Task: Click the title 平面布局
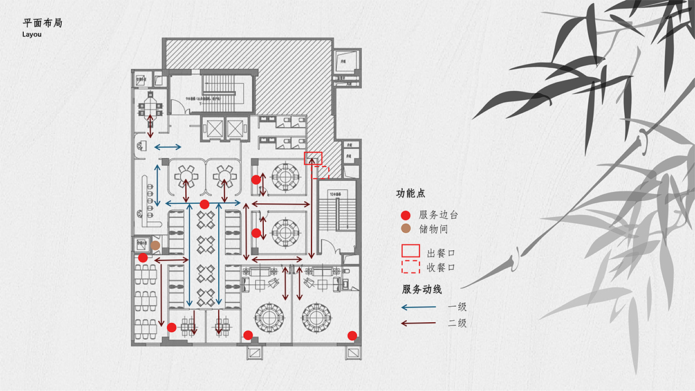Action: [x=42, y=23]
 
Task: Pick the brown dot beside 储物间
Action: [x=405, y=228]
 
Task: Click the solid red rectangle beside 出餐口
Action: [x=411, y=251]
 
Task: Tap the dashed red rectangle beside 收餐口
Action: [x=411, y=267]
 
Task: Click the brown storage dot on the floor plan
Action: [x=155, y=245]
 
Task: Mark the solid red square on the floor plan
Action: [x=313, y=158]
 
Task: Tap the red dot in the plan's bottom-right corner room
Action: [x=352, y=335]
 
